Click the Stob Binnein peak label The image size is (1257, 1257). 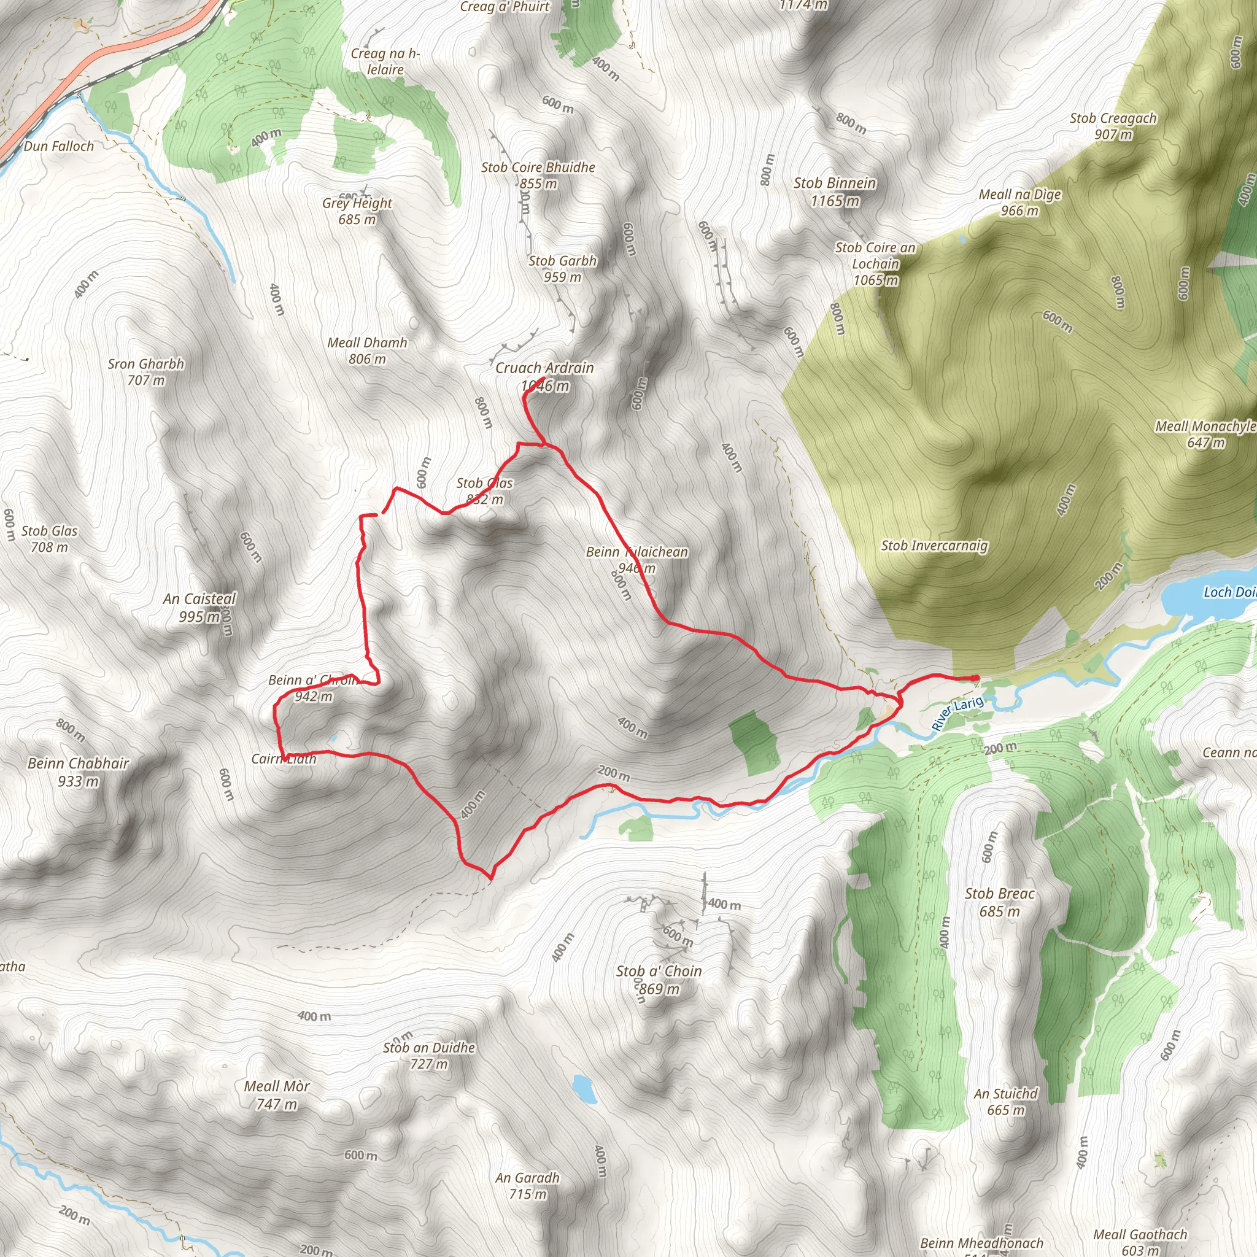[835, 184]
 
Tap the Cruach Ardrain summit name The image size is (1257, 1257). [544, 368]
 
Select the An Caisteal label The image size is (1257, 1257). [199, 599]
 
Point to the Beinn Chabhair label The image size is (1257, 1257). [78, 764]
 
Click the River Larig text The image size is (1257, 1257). [957, 713]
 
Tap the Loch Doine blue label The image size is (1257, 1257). [1228, 592]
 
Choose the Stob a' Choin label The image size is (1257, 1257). [659, 972]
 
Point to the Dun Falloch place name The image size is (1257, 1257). [59, 147]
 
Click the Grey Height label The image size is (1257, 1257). [357, 204]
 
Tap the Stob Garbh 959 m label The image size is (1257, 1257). [563, 269]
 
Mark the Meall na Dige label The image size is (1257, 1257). [1020, 195]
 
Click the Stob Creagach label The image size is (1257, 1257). [1113, 119]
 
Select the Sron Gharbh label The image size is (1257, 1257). [145, 365]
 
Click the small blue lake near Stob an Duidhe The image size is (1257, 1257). [584, 1089]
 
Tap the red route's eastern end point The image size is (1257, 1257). [974, 679]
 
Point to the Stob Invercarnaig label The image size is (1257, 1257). [934, 546]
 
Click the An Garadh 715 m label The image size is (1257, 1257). [527, 1178]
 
